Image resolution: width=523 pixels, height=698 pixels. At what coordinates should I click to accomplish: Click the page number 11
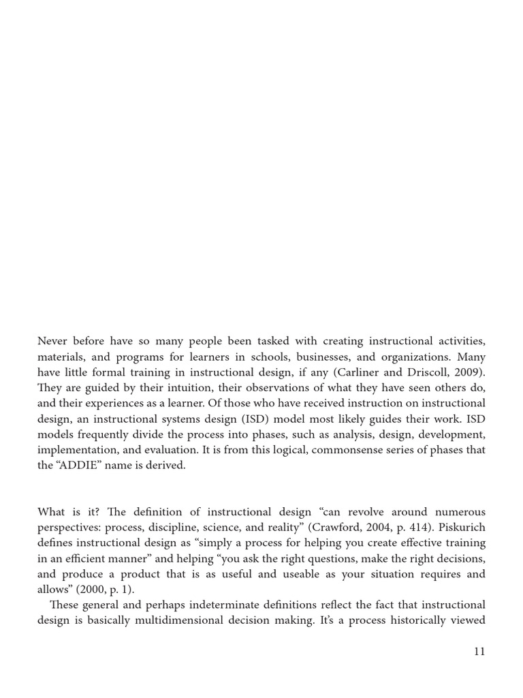[x=479, y=651]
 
